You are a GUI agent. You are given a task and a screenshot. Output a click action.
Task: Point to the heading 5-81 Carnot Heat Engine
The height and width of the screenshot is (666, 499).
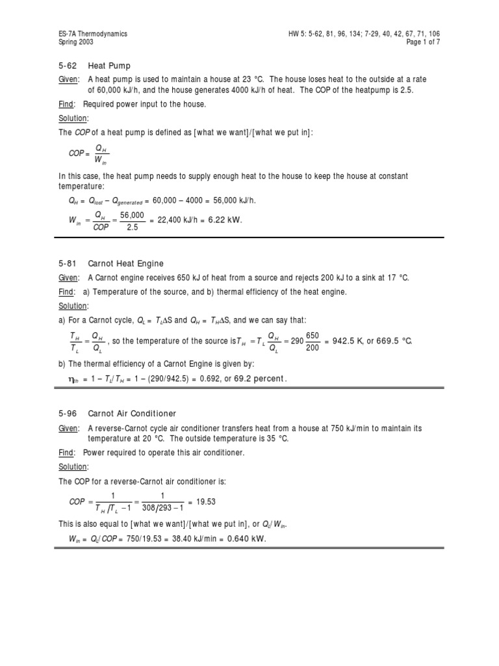tap(111, 263)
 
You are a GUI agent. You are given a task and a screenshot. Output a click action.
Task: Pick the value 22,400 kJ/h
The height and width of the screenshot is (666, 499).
tap(174, 220)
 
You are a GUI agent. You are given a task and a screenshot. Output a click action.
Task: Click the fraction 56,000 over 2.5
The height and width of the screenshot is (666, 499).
tap(132, 220)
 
